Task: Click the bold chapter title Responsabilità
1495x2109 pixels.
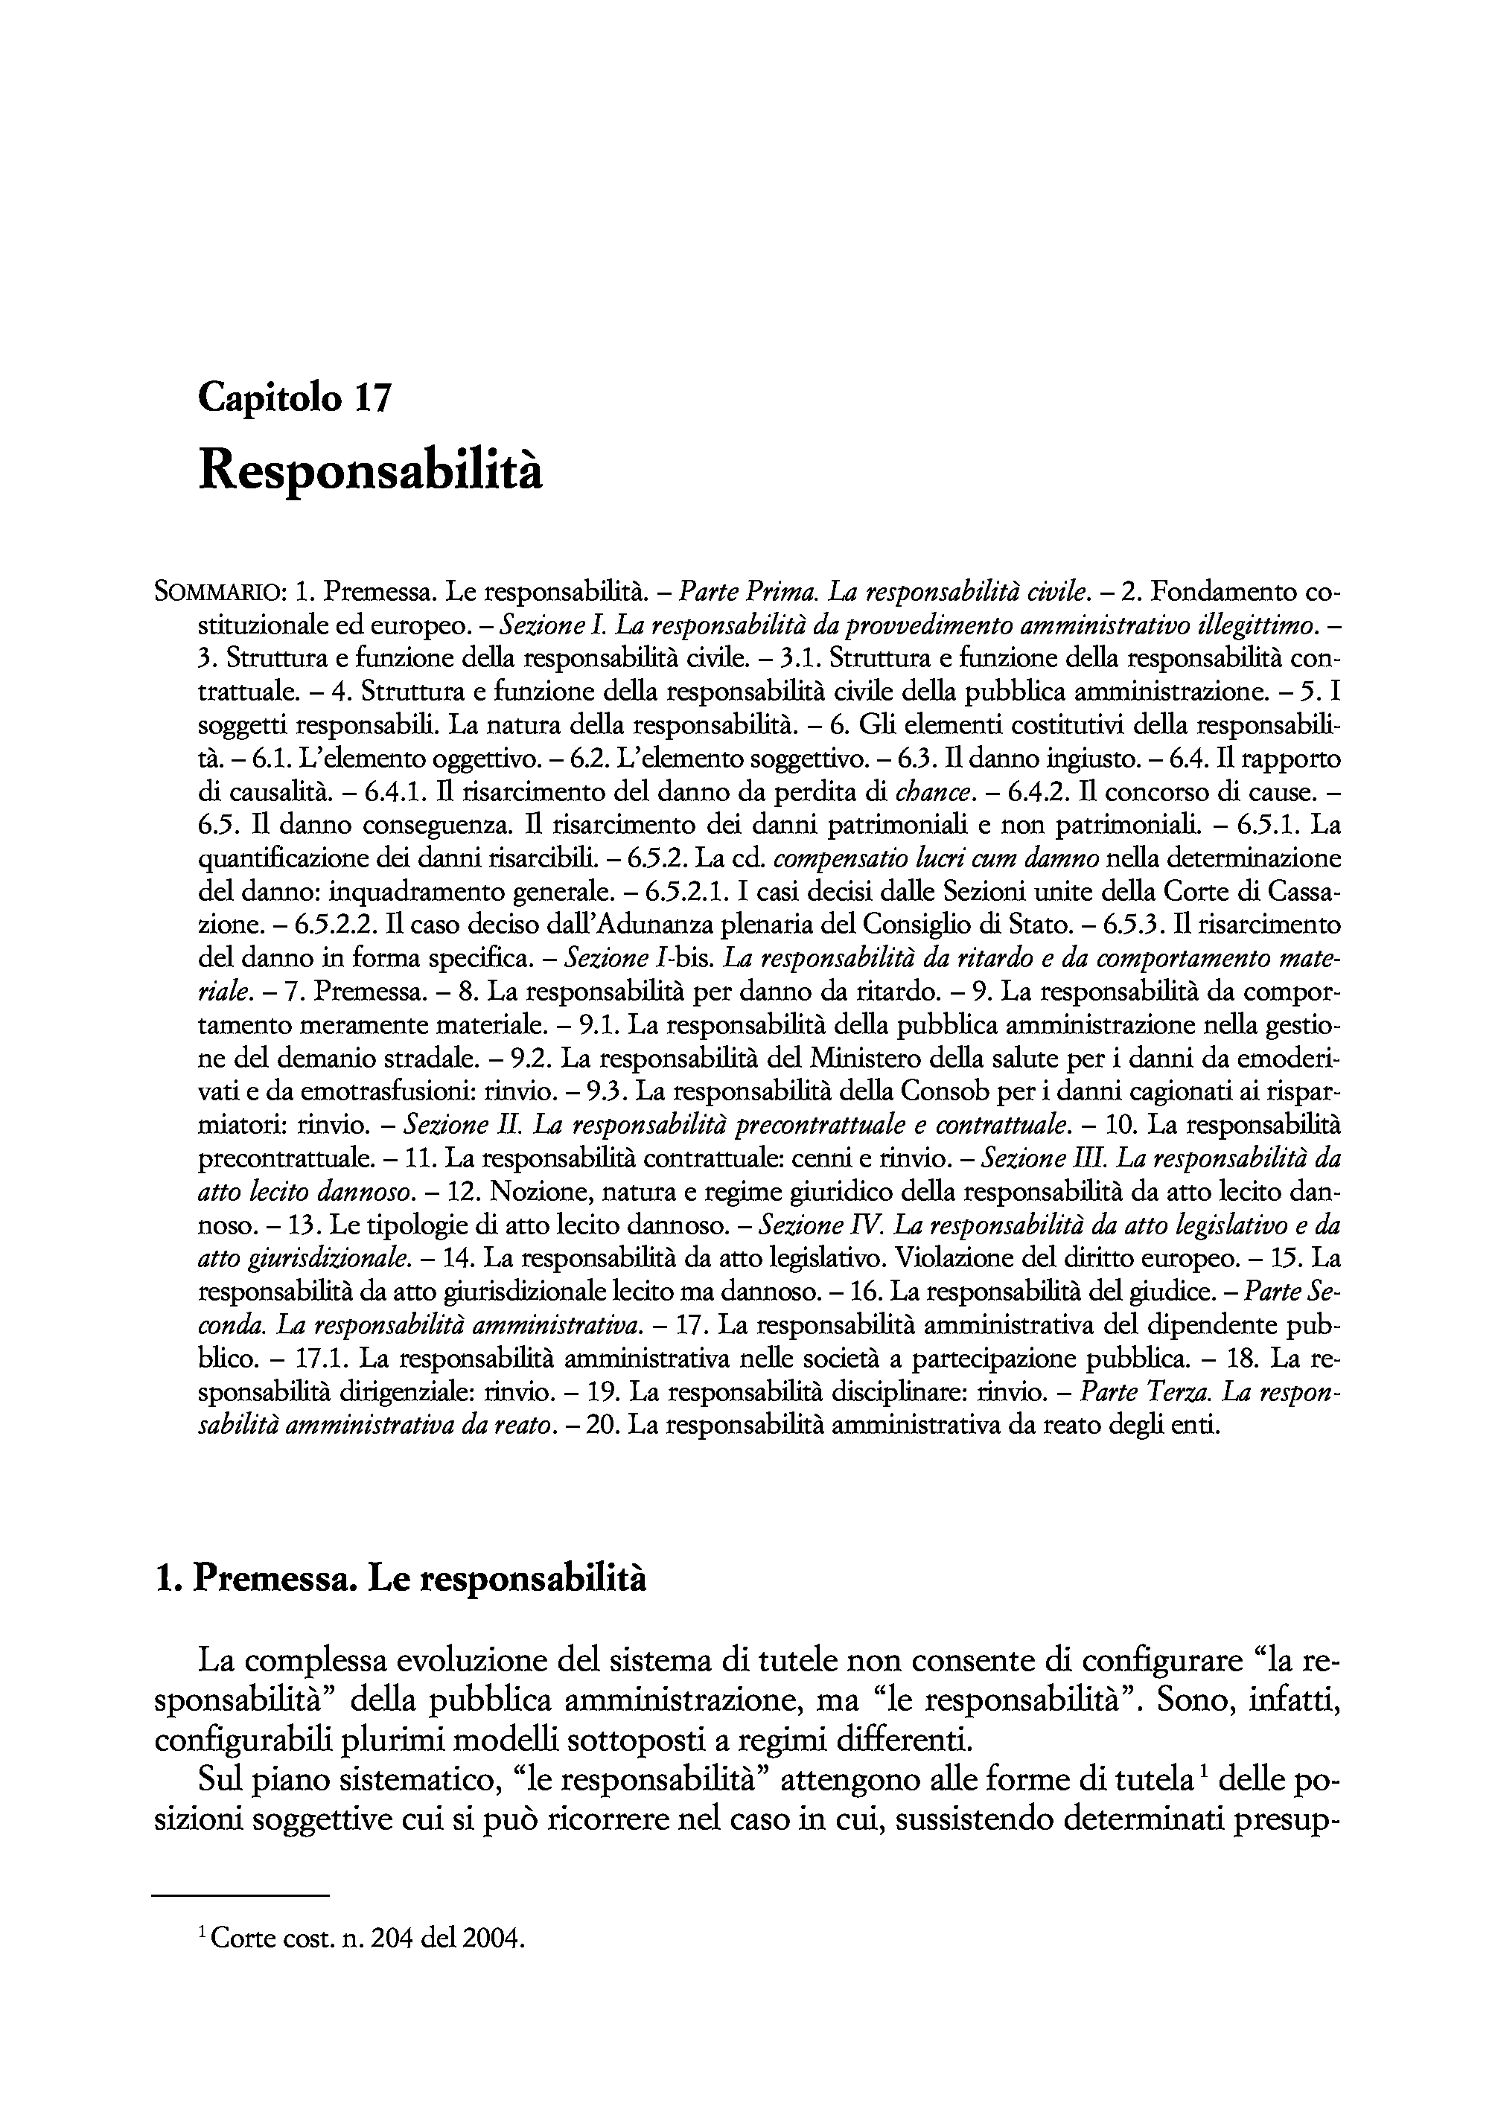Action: pos(370,471)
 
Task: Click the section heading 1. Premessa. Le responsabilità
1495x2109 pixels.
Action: pos(401,1579)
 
